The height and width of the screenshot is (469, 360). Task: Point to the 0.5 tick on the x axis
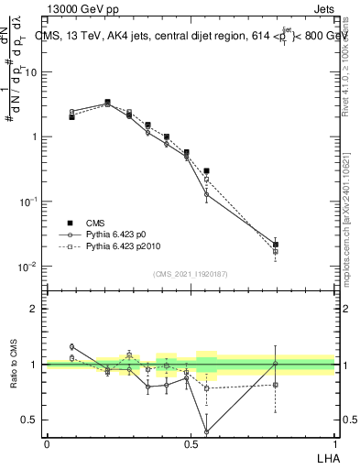click(x=191, y=443)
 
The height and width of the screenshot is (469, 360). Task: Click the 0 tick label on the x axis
click(x=47, y=443)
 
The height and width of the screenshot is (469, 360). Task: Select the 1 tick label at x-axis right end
click(x=334, y=443)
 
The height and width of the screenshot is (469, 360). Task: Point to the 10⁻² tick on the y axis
click(x=28, y=267)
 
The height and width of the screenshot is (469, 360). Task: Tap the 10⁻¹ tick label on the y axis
click(x=28, y=202)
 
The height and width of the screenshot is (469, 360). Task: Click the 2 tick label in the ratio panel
click(x=34, y=309)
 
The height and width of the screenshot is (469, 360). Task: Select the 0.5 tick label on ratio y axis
click(x=29, y=420)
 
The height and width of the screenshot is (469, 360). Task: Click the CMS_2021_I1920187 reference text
click(x=191, y=274)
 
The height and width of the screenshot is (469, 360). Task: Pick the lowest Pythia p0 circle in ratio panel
click(x=206, y=431)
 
